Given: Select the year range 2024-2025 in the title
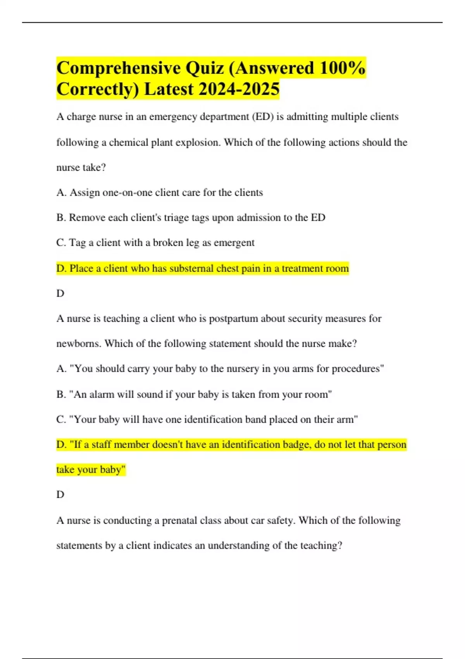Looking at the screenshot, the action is (x=239, y=89).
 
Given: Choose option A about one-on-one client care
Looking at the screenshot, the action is (x=159, y=193).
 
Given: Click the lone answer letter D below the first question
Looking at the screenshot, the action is (x=60, y=293).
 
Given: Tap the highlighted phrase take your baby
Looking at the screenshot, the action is (x=91, y=470).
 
